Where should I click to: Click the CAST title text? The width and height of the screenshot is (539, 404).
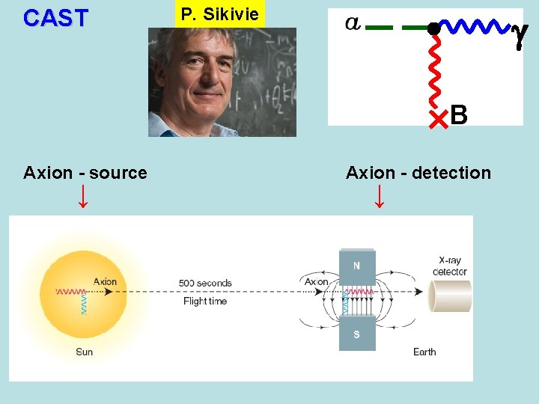coord(55,18)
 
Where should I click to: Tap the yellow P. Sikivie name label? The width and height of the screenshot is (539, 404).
coord(219,14)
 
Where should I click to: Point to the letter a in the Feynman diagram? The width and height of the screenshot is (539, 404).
coord(353,23)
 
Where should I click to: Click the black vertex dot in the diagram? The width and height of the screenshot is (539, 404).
coord(433,28)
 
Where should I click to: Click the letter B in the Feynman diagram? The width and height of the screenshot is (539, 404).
coord(459,114)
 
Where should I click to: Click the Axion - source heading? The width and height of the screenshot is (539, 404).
coord(85,173)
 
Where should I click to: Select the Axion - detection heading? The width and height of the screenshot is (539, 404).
coord(418,173)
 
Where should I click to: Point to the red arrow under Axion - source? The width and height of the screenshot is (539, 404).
coord(83,196)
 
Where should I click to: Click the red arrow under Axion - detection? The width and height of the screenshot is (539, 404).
coord(380,196)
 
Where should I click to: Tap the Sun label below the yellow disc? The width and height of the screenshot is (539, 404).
coord(84,352)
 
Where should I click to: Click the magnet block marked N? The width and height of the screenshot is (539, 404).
coord(356,265)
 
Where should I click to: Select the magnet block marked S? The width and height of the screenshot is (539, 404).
coord(356,334)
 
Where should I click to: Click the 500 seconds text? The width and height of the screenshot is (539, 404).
coord(205,284)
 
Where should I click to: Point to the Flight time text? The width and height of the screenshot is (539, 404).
coord(205,301)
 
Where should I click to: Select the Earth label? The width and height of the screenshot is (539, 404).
coord(424,352)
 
